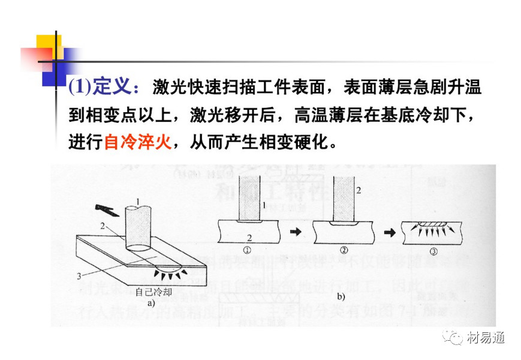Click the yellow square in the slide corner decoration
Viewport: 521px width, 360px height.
pyautogui.click(x=48, y=47)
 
